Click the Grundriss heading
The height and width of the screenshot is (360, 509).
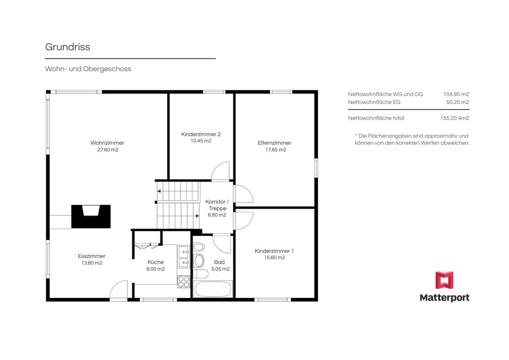coord(67,47)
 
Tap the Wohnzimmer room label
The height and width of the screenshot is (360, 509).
coord(107,143)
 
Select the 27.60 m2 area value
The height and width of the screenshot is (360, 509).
coord(108,150)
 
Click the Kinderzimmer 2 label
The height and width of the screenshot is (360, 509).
coord(201,134)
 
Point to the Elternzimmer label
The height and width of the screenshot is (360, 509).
coord(274,143)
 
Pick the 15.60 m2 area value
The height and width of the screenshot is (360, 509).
coord(275,258)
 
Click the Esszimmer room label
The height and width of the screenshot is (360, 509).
coord(92,256)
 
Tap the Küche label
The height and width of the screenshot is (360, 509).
coord(156,262)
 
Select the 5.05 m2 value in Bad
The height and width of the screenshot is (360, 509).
coord(220,269)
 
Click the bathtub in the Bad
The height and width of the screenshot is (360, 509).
coord(213,289)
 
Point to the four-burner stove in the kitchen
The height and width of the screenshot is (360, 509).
coord(184,282)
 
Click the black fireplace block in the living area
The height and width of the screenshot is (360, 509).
coord(91,217)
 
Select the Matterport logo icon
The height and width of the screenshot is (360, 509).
coord(444,280)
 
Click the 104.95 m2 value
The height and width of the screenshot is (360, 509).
coord(456,94)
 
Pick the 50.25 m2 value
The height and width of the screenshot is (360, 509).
coord(458,102)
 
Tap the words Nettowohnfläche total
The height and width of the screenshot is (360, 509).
coord(376,118)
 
